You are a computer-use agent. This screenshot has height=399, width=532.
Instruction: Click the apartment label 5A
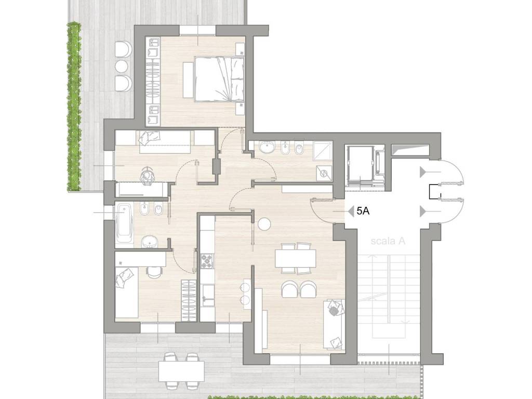[363, 211]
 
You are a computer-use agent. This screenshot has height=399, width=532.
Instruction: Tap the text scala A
[388, 241]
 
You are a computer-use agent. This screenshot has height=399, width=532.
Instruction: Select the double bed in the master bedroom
[219, 79]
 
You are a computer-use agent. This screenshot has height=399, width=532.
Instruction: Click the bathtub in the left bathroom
[124, 224]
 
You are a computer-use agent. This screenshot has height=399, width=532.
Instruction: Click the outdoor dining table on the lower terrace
[181, 371]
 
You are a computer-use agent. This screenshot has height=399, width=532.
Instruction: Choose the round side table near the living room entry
[264, 224]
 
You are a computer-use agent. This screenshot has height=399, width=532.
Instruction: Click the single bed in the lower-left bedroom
[127, 292]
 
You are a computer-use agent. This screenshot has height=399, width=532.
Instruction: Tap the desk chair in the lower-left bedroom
[154, 271]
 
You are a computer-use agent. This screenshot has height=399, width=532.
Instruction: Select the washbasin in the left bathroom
[150, 242]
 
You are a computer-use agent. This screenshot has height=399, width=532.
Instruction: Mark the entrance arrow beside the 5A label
[350, 212]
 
